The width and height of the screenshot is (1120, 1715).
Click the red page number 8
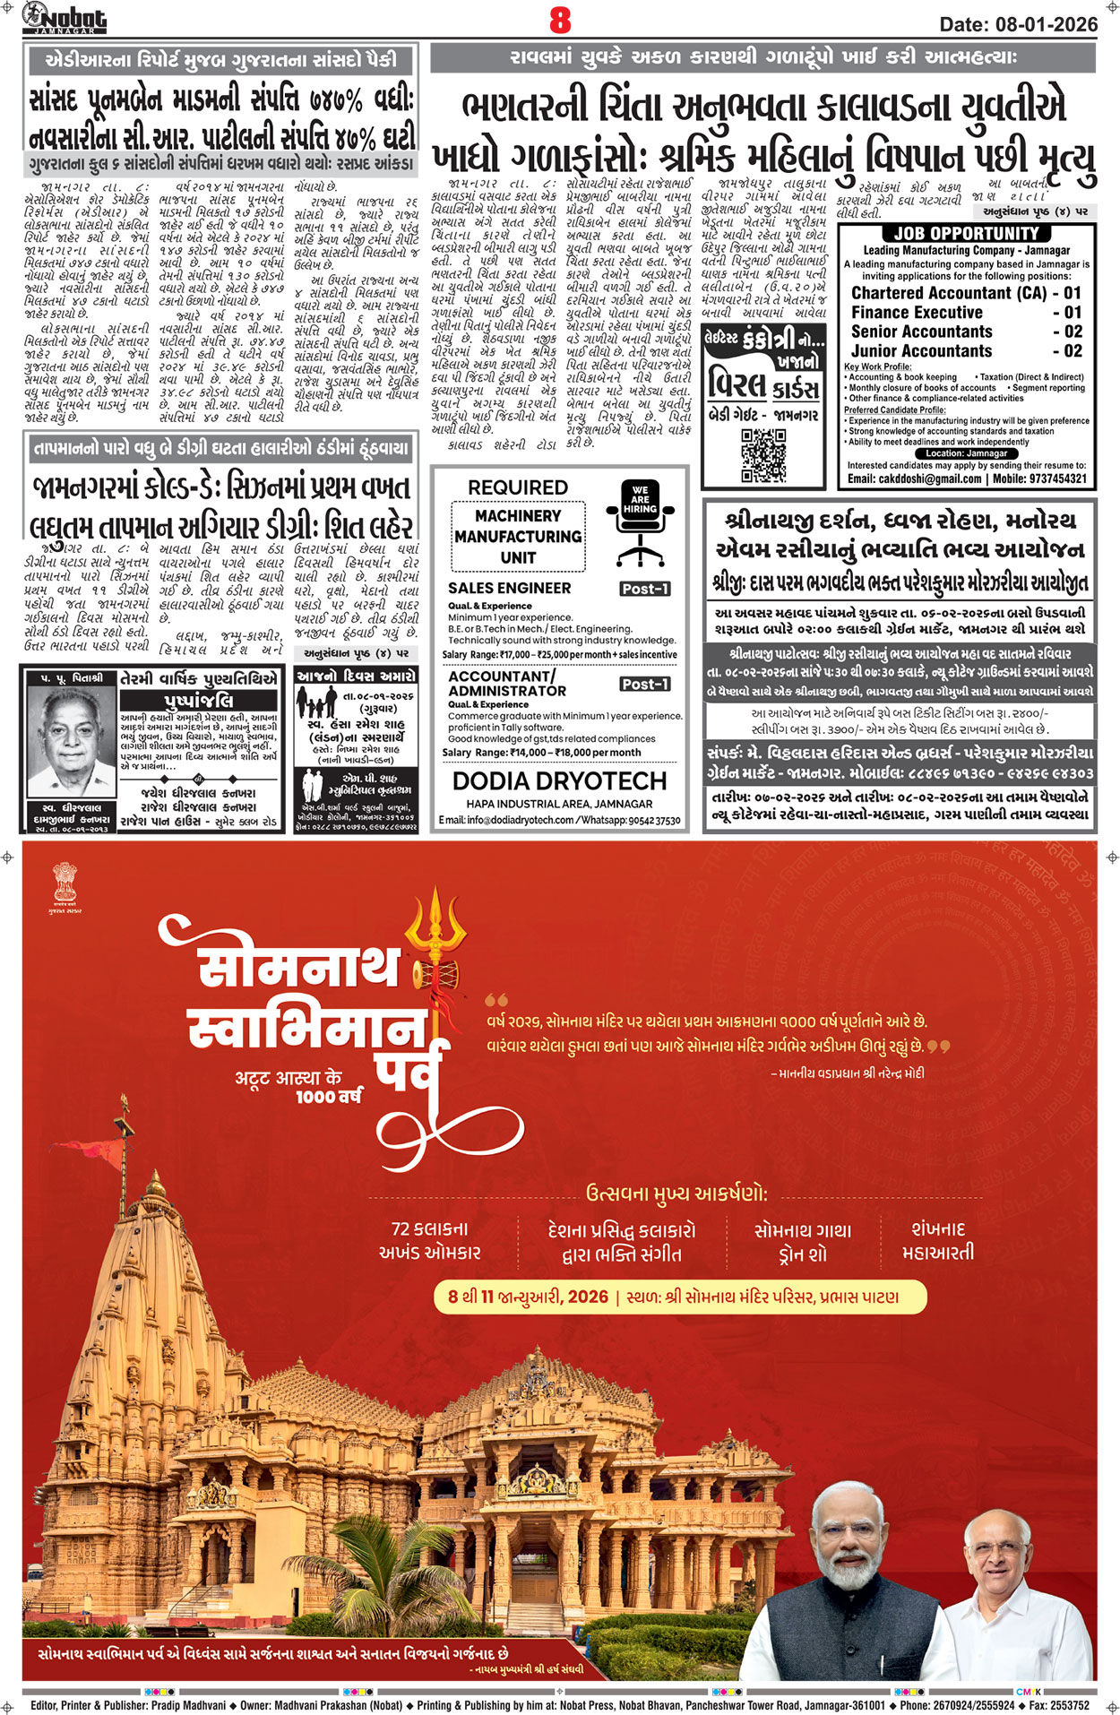[560, 19]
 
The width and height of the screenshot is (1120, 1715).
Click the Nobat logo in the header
[65, 18]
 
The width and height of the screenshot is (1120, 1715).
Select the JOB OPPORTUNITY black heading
[966, 234]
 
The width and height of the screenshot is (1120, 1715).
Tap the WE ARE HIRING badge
[640, 499]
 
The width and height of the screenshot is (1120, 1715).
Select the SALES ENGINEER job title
[509, 588]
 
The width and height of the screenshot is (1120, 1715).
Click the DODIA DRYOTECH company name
[559, 781]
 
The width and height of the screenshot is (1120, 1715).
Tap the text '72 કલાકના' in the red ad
[429, 1228]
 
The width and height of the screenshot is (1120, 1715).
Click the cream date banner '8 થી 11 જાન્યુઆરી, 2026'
[679, 1297]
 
